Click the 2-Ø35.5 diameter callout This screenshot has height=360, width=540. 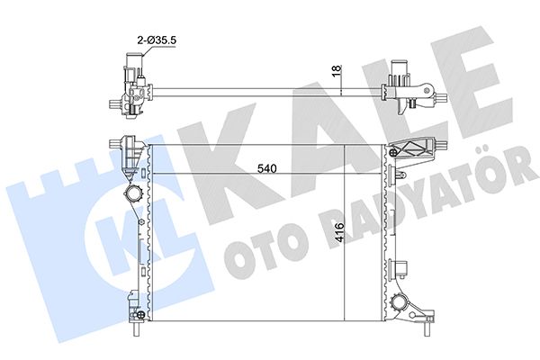point(157,40)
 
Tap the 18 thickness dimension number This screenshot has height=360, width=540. point(337,68)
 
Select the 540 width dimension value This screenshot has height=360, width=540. point(267,168)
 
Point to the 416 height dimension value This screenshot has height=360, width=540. point(338,232)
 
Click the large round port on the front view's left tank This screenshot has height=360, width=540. point(133,193)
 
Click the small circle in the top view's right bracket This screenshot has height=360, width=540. point(427,90)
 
